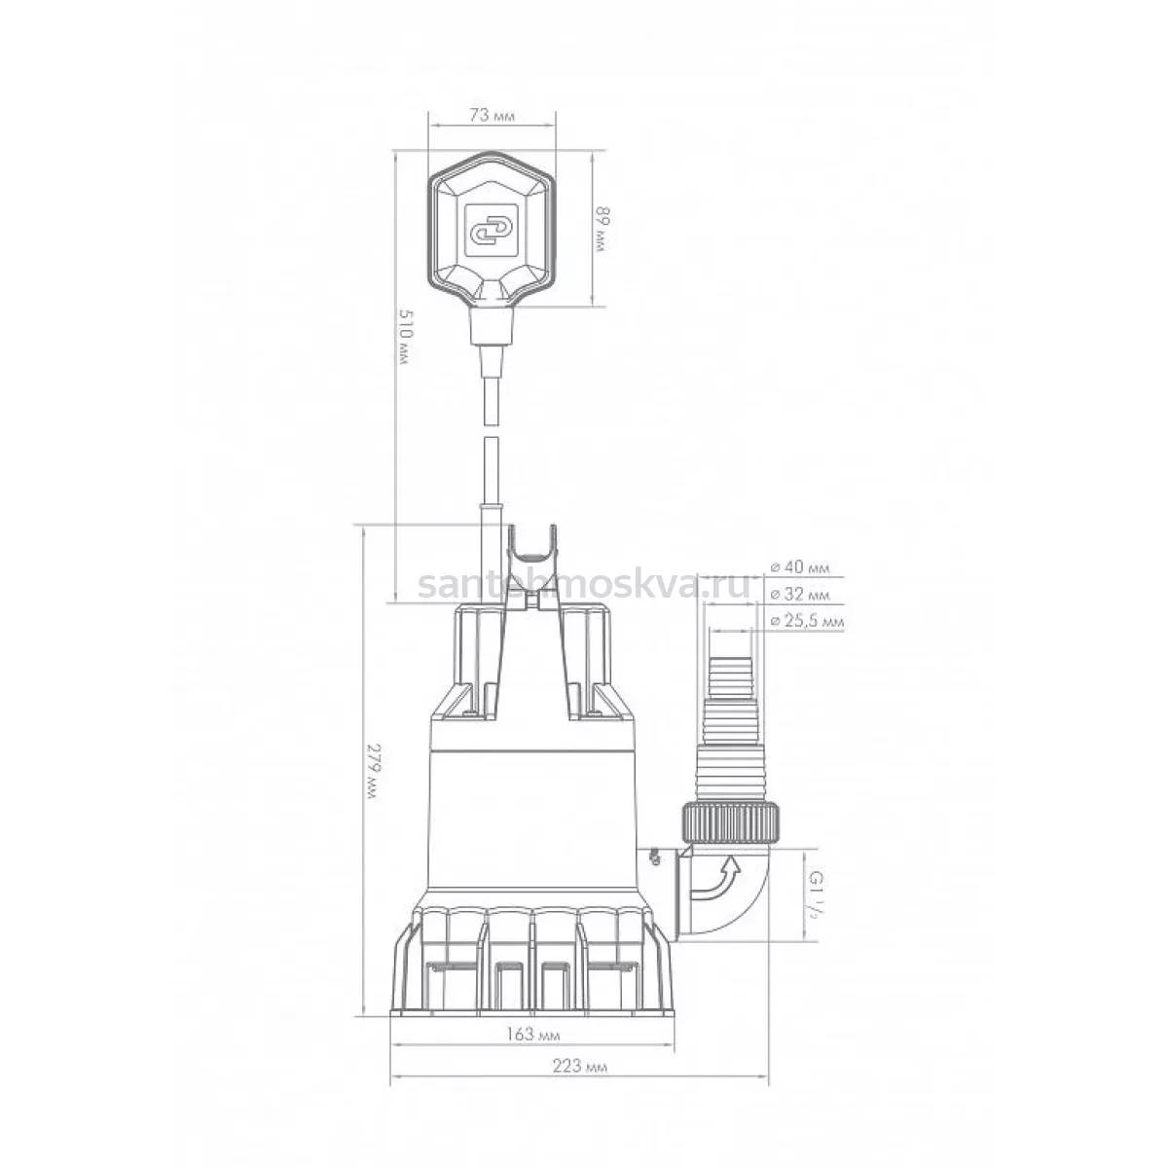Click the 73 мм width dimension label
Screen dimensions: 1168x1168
[493, 115]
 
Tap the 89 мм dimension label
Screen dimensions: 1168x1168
[602, 229]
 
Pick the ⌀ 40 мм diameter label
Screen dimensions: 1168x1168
[799, 567]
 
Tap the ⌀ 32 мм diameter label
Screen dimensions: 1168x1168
[799, 595]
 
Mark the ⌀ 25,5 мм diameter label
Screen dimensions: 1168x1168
[807, 621]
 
